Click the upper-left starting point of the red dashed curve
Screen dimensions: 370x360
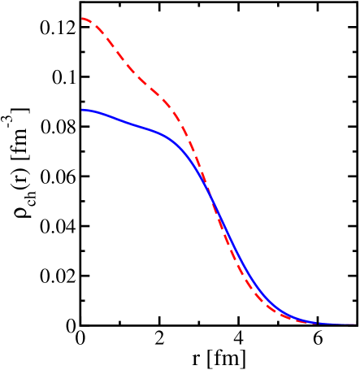point(82,18)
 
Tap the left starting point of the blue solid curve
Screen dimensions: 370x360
point(82,110)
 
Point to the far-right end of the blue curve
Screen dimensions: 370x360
point(355,324)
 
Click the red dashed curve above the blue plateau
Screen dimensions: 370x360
point(138,78)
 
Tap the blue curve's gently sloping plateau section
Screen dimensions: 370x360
point(130,122)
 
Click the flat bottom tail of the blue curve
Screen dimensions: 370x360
point(333,324)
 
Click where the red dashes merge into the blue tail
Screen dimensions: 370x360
point(313,323)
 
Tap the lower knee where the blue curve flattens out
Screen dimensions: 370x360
point(280,310)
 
